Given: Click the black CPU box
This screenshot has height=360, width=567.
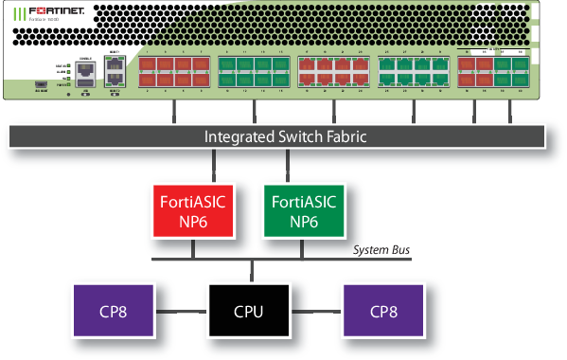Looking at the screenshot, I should tap(250, 310).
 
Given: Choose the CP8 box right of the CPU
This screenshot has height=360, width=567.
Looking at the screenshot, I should tap(384, 310).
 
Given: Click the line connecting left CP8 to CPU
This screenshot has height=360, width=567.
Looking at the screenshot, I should tap(184, 310).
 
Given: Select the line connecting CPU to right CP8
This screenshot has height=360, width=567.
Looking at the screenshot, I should tap(317, 310).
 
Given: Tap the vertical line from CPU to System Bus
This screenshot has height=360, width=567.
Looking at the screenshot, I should tap(251, 271).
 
